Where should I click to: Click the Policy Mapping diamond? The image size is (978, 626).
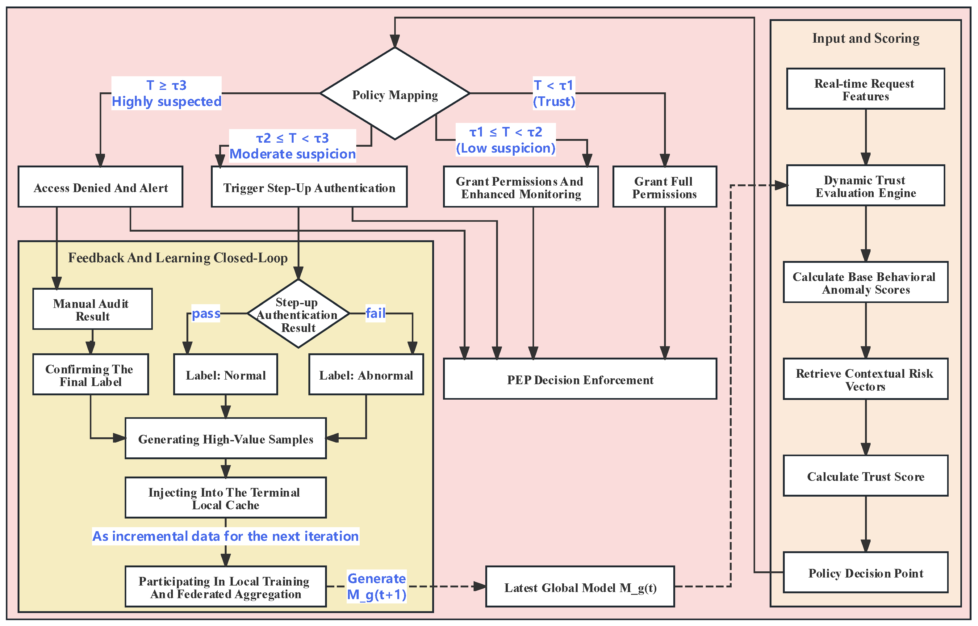(x=395, y=94)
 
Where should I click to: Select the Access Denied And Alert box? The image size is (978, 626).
(x=100, y=187)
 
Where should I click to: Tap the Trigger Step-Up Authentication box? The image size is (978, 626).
(x=309, y=187)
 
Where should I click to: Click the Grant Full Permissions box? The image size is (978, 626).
(x=664, y=187)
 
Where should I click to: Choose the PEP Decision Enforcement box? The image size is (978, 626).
(x=580, y=379)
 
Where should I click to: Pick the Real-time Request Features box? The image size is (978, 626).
(x=865, y=89)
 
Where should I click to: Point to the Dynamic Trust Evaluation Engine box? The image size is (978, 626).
(x=865, y=185)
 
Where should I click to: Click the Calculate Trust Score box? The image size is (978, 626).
(x=865, y=476)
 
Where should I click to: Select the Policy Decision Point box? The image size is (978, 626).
(x=865, y=572)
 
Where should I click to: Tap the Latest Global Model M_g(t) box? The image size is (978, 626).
(x=580, y=586)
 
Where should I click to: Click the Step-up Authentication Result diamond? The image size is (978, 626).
(x=298, y=313)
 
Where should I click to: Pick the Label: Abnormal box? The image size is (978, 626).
(x=366, y=374)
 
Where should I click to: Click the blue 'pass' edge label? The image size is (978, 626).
(x=206, y=313)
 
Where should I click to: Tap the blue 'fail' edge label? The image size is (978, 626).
(x=375, y=313)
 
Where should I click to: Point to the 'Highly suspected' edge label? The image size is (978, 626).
(x=167, y=101)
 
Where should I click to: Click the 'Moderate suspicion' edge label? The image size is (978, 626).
(x=293, y=154)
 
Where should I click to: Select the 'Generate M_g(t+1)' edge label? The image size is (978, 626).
(x=377, y=586)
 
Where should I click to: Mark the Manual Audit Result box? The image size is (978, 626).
(x=92, y=309)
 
